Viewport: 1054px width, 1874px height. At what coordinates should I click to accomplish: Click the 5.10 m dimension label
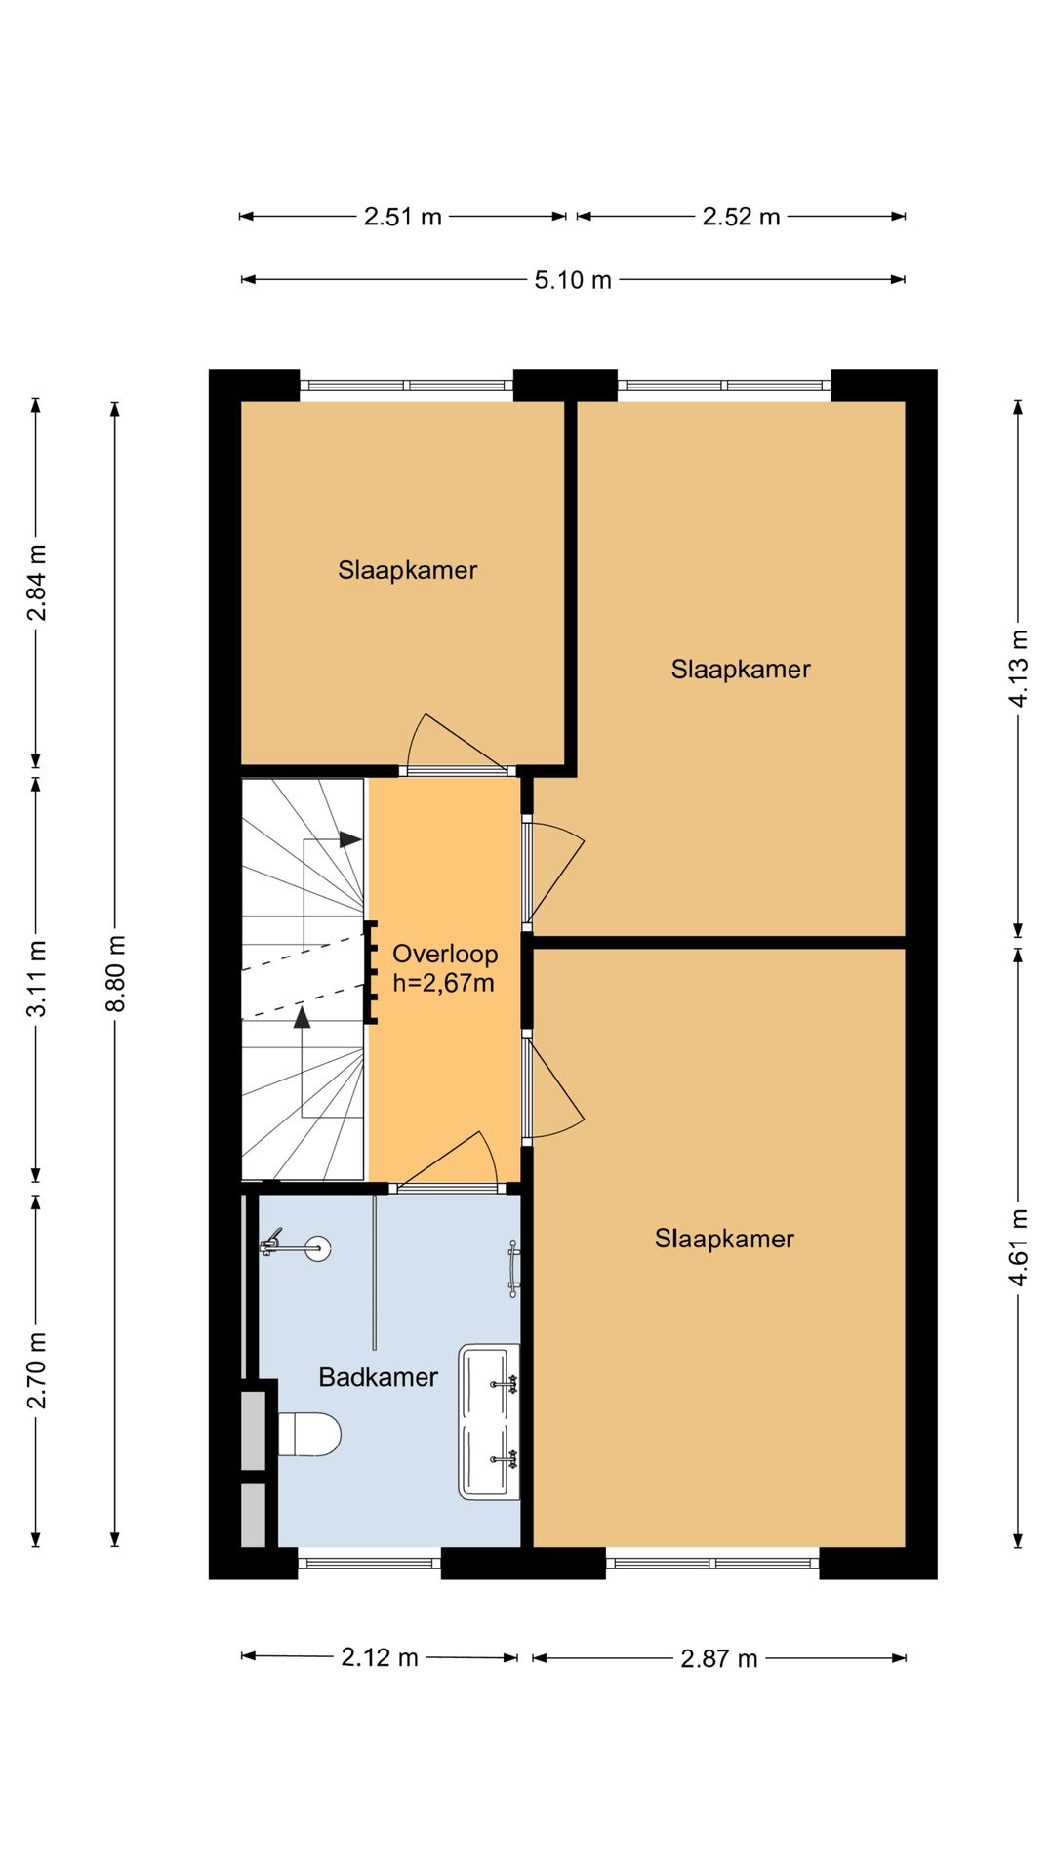[573, 280]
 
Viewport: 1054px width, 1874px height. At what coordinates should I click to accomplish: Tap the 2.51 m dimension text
[403, 216]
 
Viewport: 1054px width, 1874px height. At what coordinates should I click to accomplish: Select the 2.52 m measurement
[742, 216]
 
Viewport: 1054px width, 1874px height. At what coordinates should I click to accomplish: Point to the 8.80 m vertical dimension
[116, 973]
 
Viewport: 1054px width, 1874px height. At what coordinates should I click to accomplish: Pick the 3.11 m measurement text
[37, 978]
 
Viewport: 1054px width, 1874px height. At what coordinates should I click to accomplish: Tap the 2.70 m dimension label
[37, 1370]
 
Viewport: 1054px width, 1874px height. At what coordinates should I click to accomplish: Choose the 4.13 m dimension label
[1019, 668]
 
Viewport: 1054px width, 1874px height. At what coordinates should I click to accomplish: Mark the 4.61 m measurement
[1019, 1246]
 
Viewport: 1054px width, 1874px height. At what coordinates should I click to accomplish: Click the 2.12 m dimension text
[380, 1656]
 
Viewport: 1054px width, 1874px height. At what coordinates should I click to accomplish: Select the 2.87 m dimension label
[719, 1658]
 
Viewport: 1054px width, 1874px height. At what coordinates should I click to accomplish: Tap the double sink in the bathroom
[489, 1421]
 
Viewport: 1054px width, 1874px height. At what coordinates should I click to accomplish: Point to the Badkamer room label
[379, 1377]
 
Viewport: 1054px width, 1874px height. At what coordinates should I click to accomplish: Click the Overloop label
[445, 954]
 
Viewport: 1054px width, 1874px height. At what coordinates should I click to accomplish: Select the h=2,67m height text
[443, 983]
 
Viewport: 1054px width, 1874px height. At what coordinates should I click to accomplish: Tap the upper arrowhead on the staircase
[350, 838]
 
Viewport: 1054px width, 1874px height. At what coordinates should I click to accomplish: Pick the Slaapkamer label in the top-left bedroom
[408, 570]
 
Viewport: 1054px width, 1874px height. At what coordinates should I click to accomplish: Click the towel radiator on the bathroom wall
[513, 1269]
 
